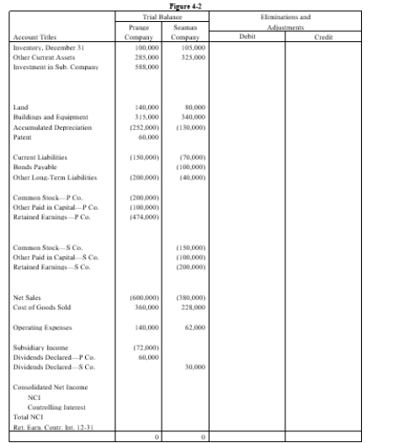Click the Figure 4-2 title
tap(201, 5)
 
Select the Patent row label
tap(23, 137)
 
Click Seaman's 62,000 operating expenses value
tap(196, 328)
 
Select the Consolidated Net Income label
tap(45, 387)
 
